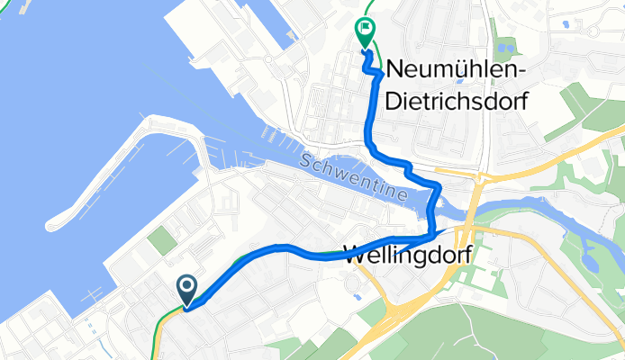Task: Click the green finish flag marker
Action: point(365,32)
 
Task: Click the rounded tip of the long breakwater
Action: point(54,220)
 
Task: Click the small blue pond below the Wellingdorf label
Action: point(357,293)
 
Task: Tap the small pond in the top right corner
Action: point(565,24)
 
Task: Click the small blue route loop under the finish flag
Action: point(368,54)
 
